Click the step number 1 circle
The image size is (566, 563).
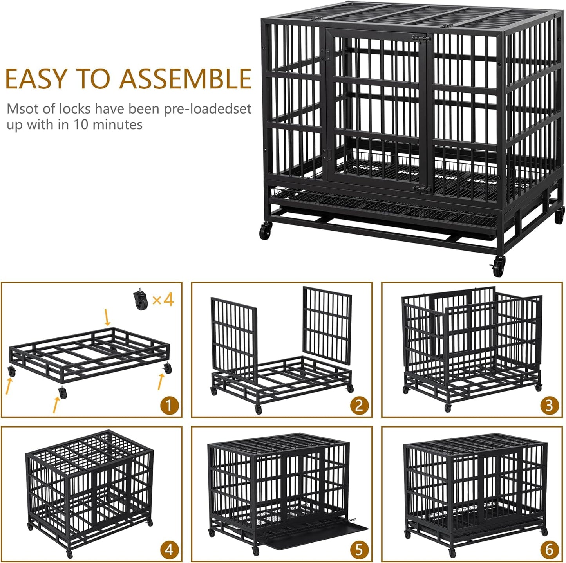click(169, 406)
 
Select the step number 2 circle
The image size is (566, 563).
click(359, 406)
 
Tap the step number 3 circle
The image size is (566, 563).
click(549, 406)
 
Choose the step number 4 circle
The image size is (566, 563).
click(169, 550)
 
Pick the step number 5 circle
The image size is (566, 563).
click(359, 550)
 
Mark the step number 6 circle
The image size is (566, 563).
click(549, 550)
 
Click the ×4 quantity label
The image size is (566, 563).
click(163, 300)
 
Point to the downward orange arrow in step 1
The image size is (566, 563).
click(107, 316)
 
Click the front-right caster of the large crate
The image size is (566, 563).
click(498, 266)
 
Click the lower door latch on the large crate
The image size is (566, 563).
click(422, 189)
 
